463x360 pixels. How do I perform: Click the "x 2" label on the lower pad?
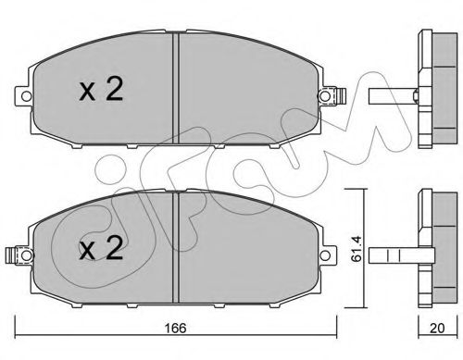point(101,249)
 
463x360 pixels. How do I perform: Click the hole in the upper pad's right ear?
point(324,94)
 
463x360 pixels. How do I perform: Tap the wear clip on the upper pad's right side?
point(339,94)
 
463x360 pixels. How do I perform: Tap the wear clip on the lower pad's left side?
point(10,252)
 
